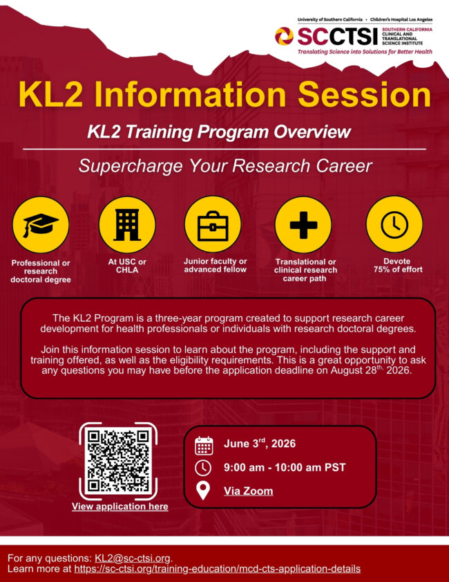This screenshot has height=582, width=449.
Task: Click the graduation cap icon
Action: [x=41, y=225]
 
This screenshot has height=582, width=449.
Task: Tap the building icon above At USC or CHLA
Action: [x=126, y=225]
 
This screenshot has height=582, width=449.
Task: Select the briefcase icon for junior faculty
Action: [x=213, y=225]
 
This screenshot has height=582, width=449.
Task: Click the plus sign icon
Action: [x=303, y=225]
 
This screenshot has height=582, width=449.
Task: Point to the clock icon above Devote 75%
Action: [x=394, y=225]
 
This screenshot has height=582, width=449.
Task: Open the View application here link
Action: [x=120, y=507]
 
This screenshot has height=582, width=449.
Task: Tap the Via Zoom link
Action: [x=248, y=491]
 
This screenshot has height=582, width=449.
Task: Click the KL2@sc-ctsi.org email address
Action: [x=132, y=558]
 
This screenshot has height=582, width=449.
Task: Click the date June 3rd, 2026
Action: [x=259, y=444]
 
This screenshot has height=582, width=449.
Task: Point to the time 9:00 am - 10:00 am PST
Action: [x=284, y=467]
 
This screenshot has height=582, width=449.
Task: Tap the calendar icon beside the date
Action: [x=204, y=444]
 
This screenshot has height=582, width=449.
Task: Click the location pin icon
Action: [x=203, y=491]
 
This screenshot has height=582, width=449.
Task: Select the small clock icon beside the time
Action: [x=203, y=468]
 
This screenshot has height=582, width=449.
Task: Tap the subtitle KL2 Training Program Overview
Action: [x=219, y=131]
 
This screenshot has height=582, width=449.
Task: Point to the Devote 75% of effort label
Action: [x=397, y=265]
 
